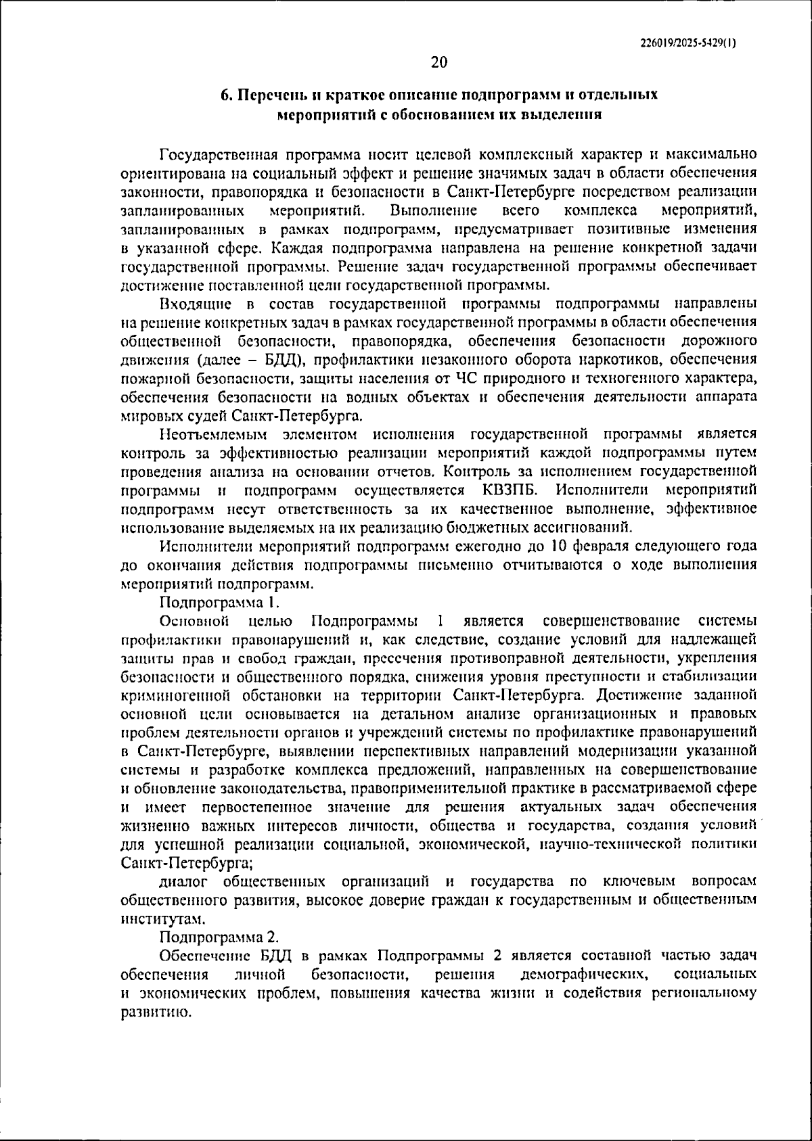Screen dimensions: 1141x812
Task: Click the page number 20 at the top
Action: [x=438, y=63]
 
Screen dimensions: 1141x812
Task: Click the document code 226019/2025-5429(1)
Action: [x=688, y=42]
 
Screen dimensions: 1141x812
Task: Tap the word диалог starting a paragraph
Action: [x=180, y=881]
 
